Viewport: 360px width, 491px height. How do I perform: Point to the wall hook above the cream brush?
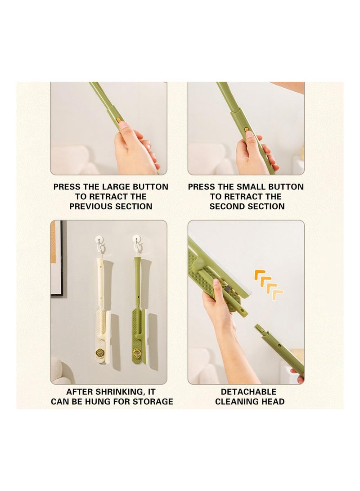click(100, 241)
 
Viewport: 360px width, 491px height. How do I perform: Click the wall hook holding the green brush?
click(137, 241)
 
